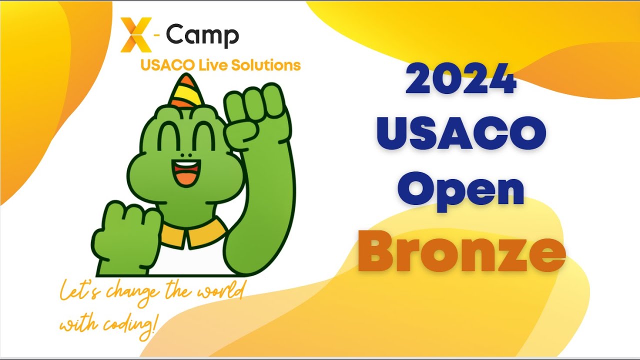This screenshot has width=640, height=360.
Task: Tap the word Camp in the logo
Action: click(x=202, y=35)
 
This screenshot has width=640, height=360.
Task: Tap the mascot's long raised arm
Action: click(x=265, y=200)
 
